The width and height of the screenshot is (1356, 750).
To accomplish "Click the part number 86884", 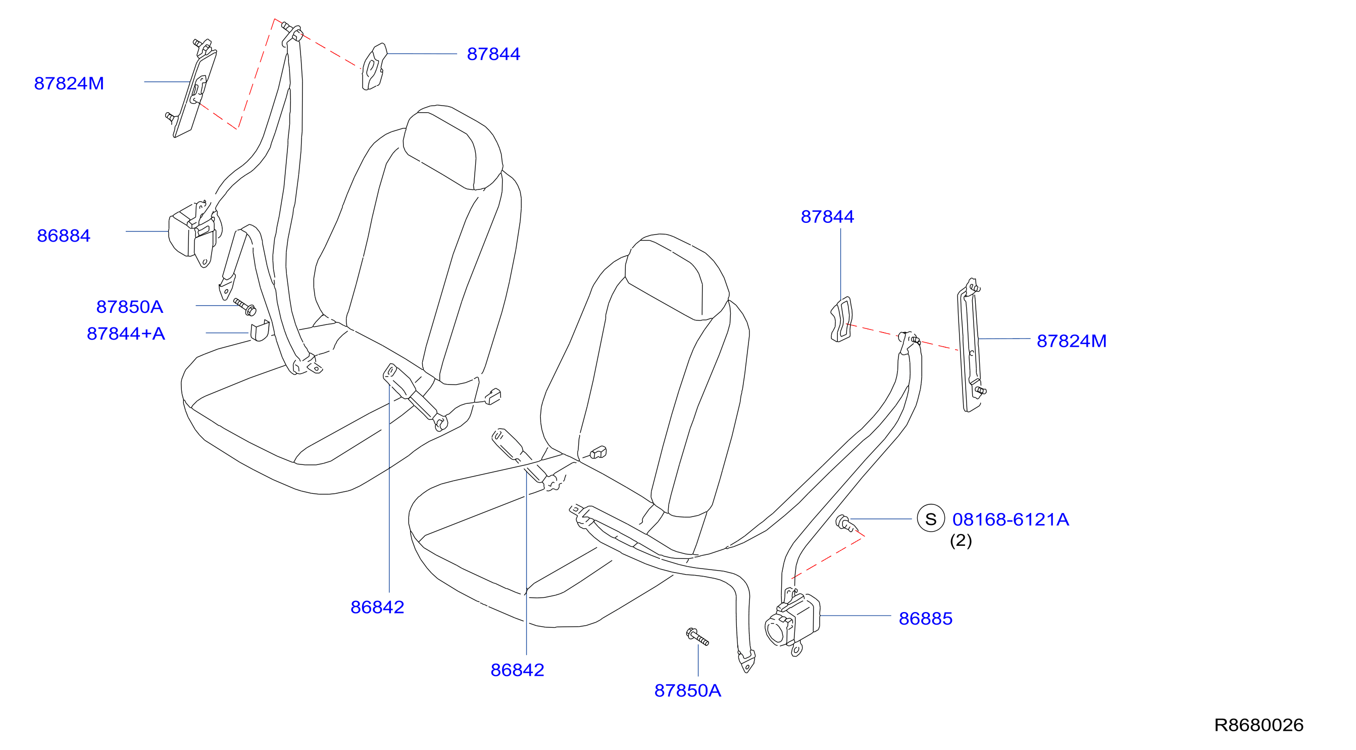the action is click(64, 236).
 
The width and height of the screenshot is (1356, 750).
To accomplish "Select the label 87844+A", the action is click(126, 334).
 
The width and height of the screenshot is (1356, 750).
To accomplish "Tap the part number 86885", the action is click(925, 618).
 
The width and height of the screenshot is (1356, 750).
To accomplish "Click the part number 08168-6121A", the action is click(1011, 520).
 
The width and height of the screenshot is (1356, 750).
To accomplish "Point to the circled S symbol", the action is click(931, 519).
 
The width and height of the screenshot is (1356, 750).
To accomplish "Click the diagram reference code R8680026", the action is click(1259, 725).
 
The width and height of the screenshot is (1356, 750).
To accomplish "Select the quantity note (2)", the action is click(961, 540).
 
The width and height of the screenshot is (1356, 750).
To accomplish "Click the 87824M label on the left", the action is click(69, 83).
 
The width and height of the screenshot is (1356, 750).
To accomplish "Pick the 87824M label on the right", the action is click(1071, 341).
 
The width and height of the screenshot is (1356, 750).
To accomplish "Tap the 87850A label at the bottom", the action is click(687, 690).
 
